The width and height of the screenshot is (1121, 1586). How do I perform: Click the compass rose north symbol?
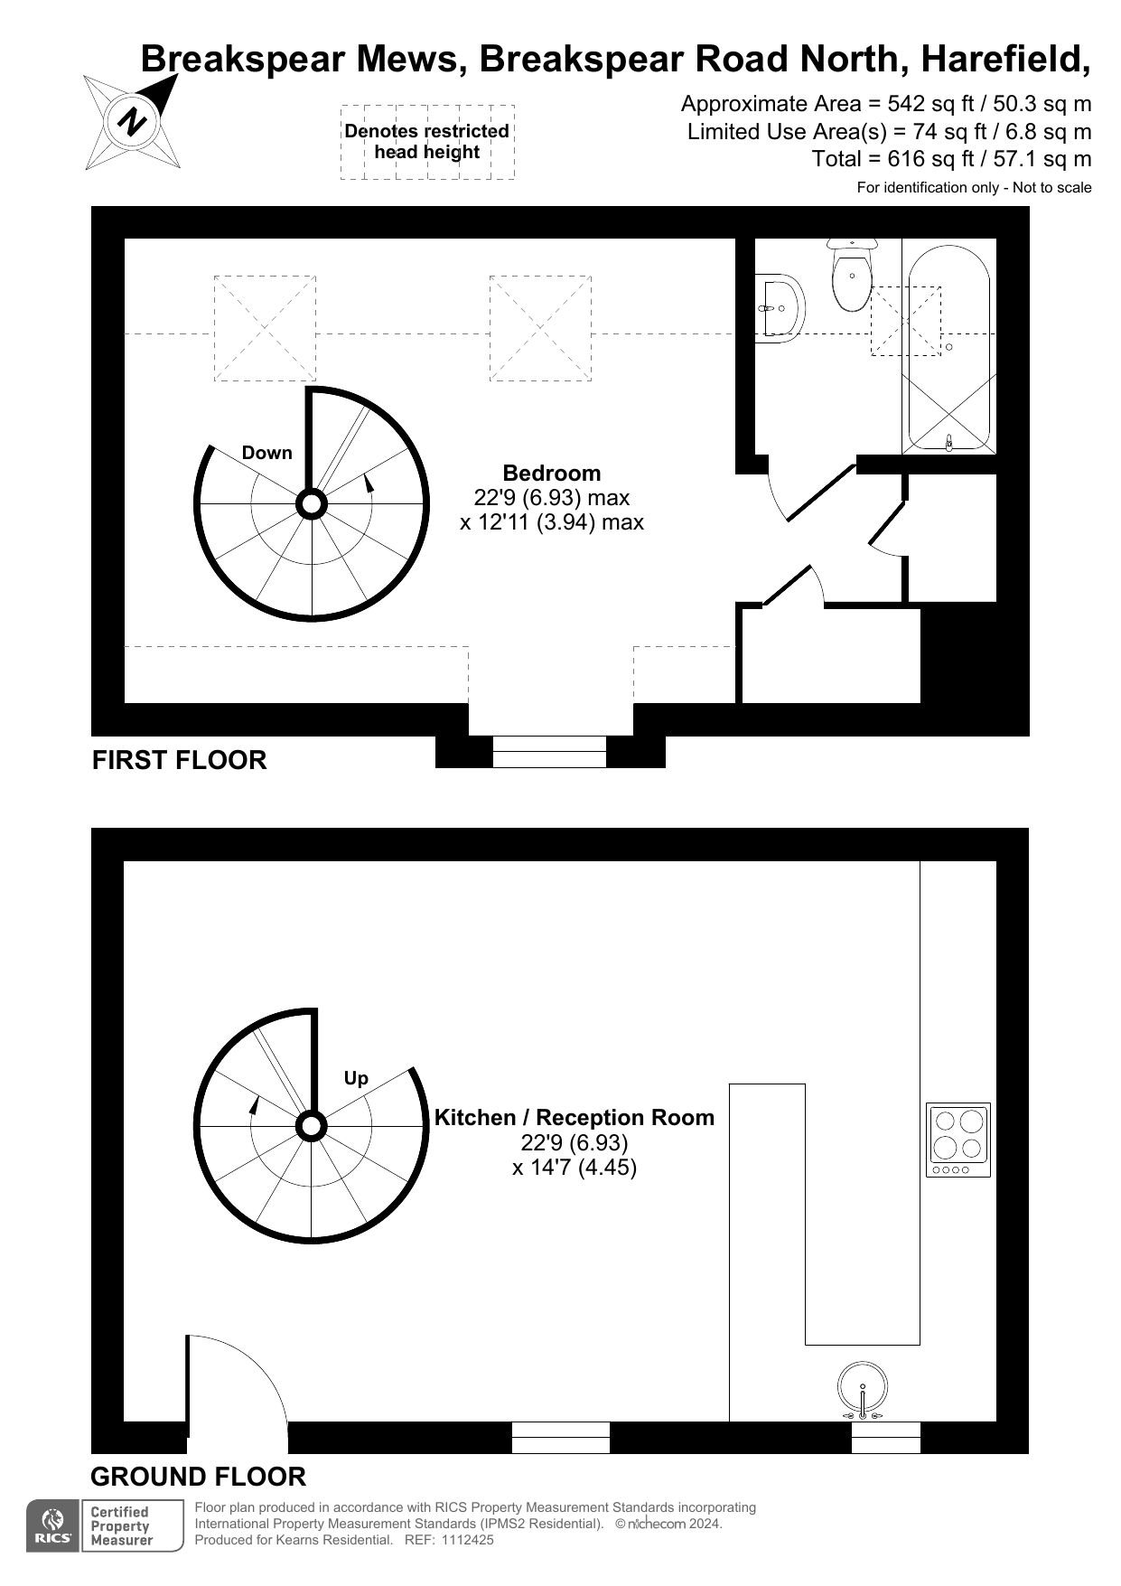(x=133, y=122)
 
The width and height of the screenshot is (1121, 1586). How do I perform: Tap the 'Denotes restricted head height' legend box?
(x=427, y=142)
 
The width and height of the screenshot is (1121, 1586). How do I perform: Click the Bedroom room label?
(x=551, y=474)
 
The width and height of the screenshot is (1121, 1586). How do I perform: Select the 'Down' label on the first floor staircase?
(x=266, y=453)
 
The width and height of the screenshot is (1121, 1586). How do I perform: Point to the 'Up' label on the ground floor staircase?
(x=356, y=1078)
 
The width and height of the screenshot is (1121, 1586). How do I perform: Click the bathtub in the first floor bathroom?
(x=949, y=348)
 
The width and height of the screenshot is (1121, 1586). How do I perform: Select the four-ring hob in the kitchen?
(x=958, y=1139)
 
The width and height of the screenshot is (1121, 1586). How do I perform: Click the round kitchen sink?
(x=862, y=1389)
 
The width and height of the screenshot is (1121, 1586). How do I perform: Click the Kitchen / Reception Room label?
(x=574, y=1118)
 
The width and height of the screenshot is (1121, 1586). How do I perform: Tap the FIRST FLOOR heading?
(x=180, y=760)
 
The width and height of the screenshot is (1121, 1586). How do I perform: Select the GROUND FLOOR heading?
(x=198, y=1477)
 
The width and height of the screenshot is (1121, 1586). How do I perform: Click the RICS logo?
(x=53, y=1525)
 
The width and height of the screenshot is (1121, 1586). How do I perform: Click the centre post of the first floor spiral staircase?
(x=312, y=503)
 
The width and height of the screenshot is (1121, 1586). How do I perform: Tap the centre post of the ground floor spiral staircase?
(x=312, y=1127)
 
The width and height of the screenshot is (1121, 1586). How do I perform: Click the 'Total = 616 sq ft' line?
(x=951, y=159)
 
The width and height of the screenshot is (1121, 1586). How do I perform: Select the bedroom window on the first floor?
(x=549, y=751)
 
